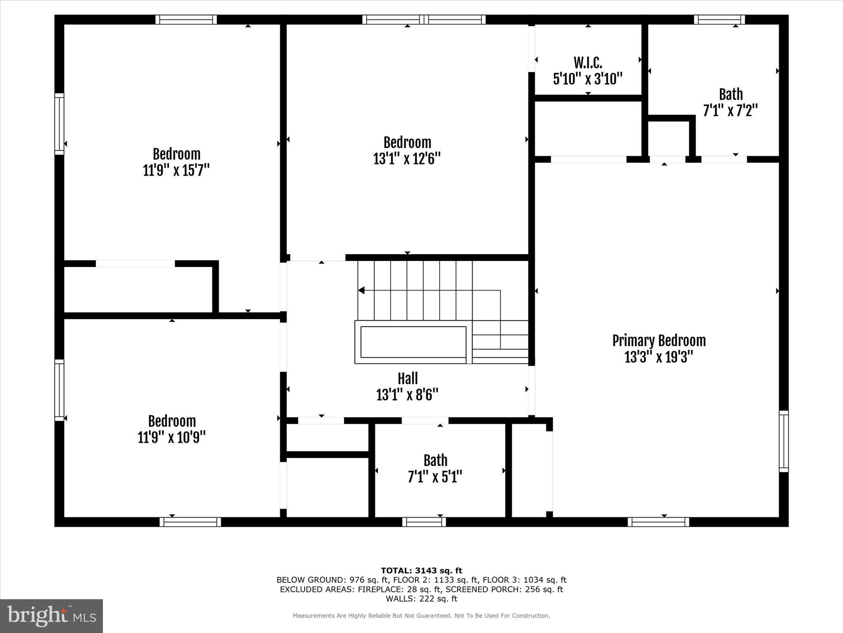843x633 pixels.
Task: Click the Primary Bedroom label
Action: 659,341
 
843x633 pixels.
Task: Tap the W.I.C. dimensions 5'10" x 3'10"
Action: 587,79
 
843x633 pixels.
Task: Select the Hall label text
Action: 408,378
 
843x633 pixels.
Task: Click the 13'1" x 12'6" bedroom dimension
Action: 407,159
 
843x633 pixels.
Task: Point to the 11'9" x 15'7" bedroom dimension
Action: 176,170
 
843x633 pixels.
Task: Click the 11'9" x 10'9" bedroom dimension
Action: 172,437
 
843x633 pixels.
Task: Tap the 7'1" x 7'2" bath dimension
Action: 730,111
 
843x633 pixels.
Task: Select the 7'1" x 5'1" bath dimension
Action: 435,477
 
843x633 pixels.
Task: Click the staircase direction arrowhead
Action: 361,291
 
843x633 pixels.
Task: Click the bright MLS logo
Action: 51,616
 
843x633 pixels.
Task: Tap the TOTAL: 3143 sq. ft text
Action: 421,570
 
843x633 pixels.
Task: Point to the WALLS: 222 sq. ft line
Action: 421,599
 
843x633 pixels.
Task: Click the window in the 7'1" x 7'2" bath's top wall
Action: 719,19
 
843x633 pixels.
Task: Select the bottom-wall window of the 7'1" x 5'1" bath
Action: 424,522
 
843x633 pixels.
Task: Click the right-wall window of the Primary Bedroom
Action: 784,441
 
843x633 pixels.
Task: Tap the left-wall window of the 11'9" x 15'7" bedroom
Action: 60,124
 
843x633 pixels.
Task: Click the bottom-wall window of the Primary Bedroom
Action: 658,522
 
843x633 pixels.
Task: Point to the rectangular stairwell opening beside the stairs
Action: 413,342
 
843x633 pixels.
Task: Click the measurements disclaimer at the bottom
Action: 421,616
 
